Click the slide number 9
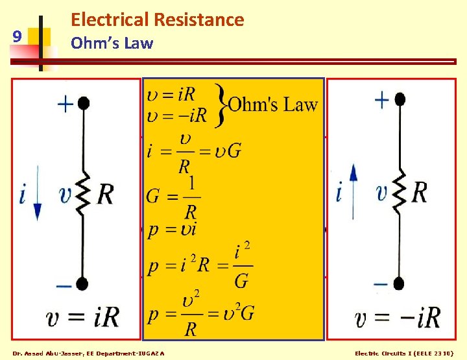coord(18,37)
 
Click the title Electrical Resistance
coord(157,19)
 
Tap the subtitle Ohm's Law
coord(112,43)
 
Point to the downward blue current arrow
coord(38,195)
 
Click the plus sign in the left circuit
coord(65,104)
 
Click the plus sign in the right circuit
coord(381,100)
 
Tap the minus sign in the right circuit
coord(381,283)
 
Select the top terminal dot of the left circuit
coord(83,102)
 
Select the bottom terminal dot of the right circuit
coord(400,283)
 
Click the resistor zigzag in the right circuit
coord(400,192)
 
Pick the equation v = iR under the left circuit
coord(82,318)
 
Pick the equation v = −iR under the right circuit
coord(398,318)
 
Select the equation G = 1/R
coord(173,197)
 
